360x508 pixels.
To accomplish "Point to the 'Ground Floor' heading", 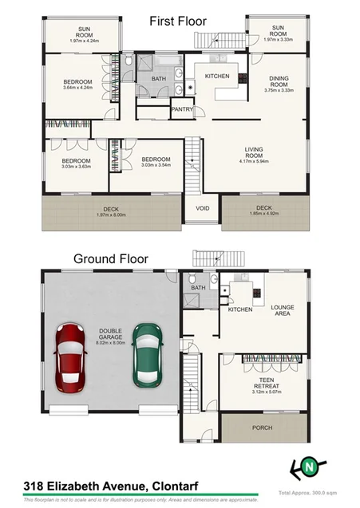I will tap(108, 258).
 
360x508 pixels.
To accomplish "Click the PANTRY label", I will tap(181, 110).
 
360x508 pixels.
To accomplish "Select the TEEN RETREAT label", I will tap(263, 384).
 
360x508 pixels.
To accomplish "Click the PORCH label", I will tap(262, 427).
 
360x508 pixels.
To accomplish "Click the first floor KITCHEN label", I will tap(217, 77).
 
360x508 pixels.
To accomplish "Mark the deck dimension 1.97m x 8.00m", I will tap(109, 215).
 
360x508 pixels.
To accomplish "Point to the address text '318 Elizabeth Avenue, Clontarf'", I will tap(99, 486).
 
